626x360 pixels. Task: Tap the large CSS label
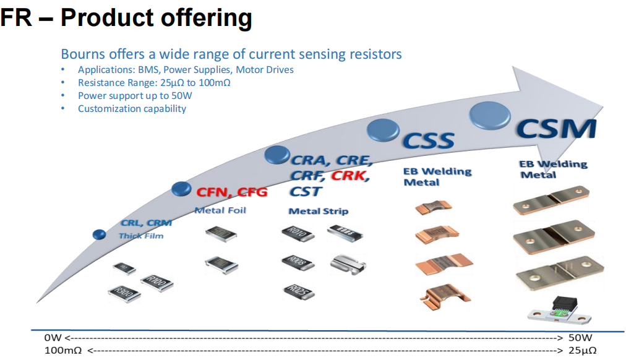pyautogui.click(x=429, y=140)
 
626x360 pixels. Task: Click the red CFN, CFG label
pyautogui.click(x=232, y=192)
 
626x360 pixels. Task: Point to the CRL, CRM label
pyautogui.click(x=146, y=223)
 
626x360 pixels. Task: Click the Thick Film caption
pyautogui.click(x=141, y=236)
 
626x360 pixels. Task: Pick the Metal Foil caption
pyautogui.click(x=220, y=210)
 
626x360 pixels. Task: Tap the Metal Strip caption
pyautogui.click(x=318, y=211)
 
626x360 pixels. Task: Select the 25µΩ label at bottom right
pyautogui.click(x=582, y=350)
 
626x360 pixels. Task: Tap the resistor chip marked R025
pyautogui.click(x=297, y=289)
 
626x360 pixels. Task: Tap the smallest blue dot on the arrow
pyautogui.click(x=99, y=234)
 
